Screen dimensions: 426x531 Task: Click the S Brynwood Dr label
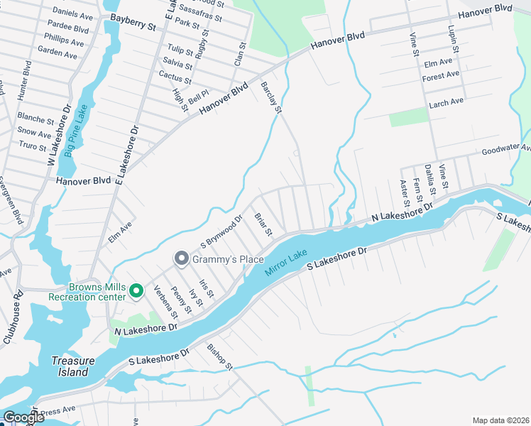(221, 233)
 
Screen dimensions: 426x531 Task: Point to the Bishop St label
(219, 357)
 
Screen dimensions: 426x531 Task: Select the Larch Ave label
(446, 102)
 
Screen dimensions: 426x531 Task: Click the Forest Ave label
(441, 75)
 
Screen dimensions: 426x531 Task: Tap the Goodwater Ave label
(506, 149)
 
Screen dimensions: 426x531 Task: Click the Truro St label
(32, 147)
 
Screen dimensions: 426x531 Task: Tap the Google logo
(23, 417)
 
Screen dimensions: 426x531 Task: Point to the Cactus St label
(175, 75)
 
